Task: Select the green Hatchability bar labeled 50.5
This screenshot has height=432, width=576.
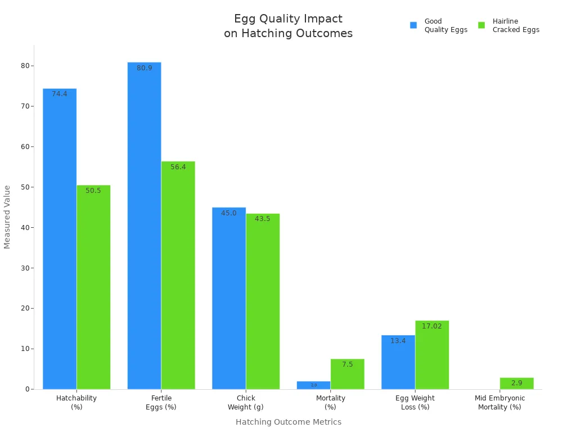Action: click(x=93, y=287)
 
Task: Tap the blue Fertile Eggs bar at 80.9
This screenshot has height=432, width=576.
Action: click(x=144, y=226)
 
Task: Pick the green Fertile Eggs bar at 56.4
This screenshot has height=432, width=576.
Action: click(x=178, y=275)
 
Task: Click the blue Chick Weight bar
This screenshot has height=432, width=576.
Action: click(x=229, y=298)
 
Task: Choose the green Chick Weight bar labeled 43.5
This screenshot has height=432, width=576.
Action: click(x=263, y=301)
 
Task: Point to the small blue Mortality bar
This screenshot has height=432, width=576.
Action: click(x=313, y=385)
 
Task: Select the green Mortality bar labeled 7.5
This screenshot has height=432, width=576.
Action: click(x=348, y=374)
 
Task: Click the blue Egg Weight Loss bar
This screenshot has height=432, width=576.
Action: click(x=398, y=362)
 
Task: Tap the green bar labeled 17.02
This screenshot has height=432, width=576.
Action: click(x=432, y=355)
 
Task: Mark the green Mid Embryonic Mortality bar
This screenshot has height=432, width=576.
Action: click(x=516, y=383)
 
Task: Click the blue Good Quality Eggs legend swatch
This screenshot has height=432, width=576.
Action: click(x=413, y=25)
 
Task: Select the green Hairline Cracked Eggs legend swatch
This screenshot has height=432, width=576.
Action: click(x=481, y=25)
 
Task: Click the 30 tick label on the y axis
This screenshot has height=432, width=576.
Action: click(x=25, y=268)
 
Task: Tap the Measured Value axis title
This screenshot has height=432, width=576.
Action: click(x=7, y=217)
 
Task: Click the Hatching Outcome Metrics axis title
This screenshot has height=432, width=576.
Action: click(x=288, y=422)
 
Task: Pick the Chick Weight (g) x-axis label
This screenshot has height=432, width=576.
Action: click(x=246, y=402)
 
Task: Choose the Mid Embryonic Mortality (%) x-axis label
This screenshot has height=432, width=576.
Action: click(x=499, y=402)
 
